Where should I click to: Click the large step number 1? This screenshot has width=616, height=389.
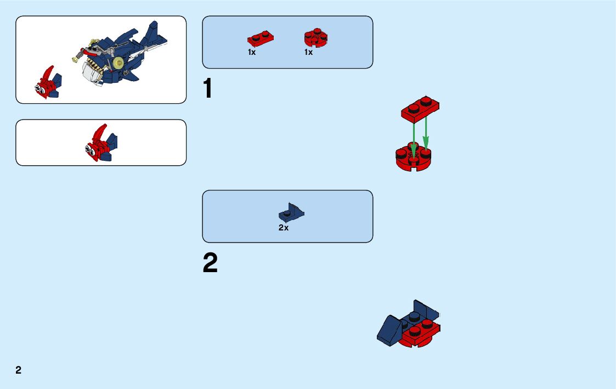[x=207, y=89]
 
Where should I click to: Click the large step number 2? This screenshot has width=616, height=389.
[x=210, y=263]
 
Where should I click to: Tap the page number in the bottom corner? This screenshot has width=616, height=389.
[x=19, y=370]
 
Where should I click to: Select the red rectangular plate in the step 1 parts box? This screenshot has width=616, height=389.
[x=260, y=38]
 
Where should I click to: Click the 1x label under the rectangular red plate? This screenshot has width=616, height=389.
[x=252, y=53]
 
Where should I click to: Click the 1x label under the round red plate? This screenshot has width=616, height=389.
[x=309, y=53]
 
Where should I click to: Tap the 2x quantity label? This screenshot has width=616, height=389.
[x=283, y=228]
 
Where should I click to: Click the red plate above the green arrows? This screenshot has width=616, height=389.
[x=421, y=109]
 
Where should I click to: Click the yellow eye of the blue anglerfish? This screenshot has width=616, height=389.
[x=116, y=62]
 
